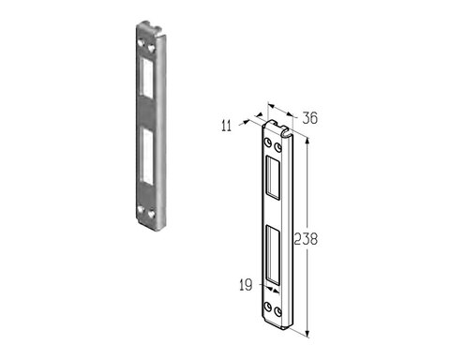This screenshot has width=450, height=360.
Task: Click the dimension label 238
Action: [306, 239]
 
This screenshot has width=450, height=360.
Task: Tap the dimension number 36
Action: [309, 118]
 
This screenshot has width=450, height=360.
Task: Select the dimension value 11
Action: [226, 126]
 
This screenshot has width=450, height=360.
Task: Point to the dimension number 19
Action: [246, 285]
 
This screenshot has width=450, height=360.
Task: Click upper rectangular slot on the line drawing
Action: [273, 177]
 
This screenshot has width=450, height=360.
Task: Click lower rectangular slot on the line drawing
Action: [273, 255]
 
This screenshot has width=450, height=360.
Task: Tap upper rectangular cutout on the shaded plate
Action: [146, 78]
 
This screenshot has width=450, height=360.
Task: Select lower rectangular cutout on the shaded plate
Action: [146, 156]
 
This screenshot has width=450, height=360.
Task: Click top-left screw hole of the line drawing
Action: [268, 142]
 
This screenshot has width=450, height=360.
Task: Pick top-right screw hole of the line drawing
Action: [277, 147]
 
